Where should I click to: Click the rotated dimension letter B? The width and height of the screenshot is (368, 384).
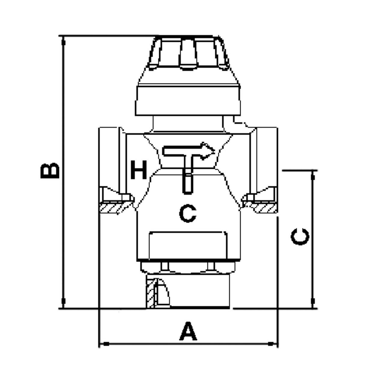tap(50, 171)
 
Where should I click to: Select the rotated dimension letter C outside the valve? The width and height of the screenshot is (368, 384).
tap(300, 237)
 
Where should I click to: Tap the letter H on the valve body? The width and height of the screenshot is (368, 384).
tap(139, 170)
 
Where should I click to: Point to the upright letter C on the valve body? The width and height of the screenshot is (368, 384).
tap(188, 214)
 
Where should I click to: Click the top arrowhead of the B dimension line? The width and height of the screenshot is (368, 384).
tap(64, 42)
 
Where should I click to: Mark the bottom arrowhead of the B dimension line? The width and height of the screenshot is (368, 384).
tap(63, 301)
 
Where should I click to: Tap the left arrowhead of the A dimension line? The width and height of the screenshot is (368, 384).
tap(106, 344)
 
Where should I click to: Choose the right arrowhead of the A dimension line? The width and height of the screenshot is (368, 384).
tap(271, 344)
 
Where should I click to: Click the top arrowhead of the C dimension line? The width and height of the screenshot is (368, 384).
tap(313, 177)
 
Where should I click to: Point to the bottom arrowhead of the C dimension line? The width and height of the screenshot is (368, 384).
tap(313, 301)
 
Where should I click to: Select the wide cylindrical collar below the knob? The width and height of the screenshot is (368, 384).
tap(188, 100)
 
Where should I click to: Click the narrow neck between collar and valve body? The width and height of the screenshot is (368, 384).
tap(188, 124)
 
